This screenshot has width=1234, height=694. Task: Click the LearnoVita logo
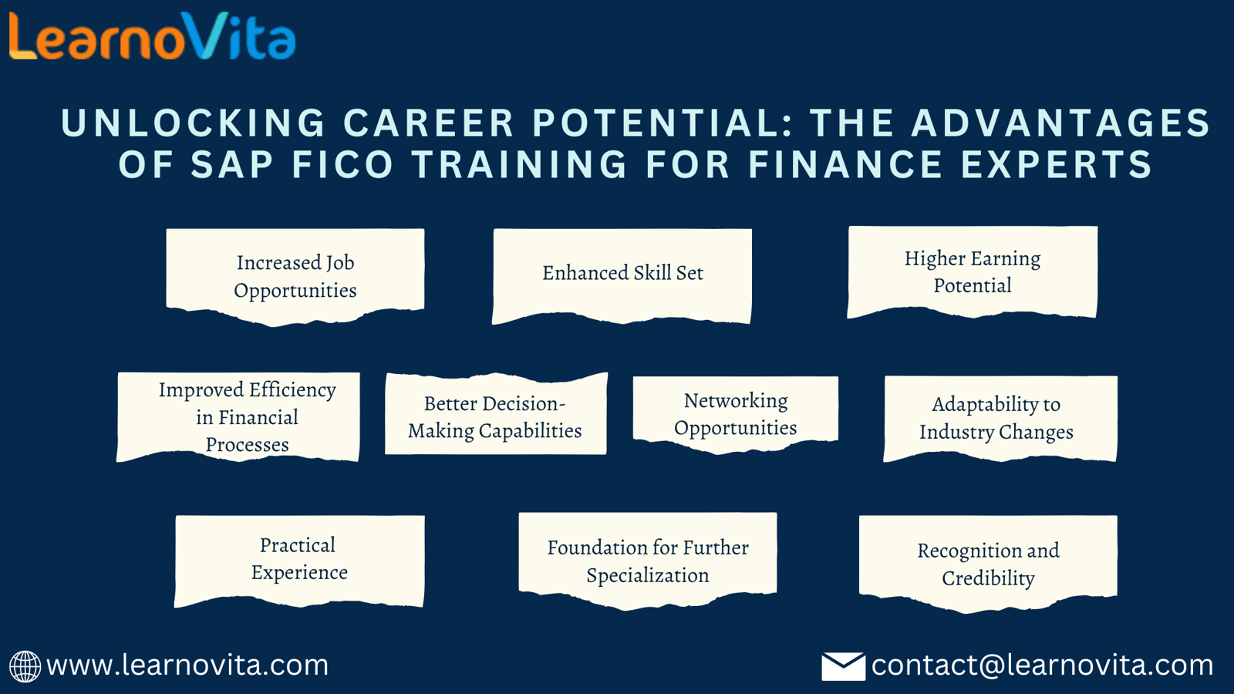coord(152,35)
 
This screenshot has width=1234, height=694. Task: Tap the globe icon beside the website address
coord(25,666)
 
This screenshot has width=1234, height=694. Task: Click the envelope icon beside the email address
coord(843,666)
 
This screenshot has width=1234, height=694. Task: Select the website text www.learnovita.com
coord(187,665)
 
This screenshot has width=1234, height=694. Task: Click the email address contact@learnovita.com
coord(1042,665)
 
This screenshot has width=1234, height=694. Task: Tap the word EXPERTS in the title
coord(1057,164)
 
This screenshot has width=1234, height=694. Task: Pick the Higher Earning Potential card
coord(973,272)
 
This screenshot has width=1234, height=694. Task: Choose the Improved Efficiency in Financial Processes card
coord(238,417)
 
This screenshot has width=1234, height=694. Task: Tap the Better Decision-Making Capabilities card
coord(496,414)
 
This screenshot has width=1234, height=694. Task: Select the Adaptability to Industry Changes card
coord(1000,419)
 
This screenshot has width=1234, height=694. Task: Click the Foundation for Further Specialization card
coord(648,561)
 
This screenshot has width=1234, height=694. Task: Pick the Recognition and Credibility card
coord(988,564)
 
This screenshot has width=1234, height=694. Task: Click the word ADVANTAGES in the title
coord(1060,123)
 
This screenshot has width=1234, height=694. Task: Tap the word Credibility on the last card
coord(988,578)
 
